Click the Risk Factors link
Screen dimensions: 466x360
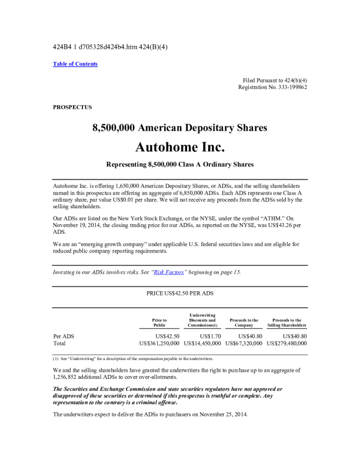[170, 272]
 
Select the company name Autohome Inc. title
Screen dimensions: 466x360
[180, 145]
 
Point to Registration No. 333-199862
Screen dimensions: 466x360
[272, 87]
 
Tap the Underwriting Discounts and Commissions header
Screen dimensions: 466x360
[202, 320]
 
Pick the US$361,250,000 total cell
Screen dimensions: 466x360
[159, 343]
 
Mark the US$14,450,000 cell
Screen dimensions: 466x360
[202, 343]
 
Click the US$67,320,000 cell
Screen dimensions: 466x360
[244, 343]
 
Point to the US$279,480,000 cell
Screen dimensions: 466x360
[286, 343]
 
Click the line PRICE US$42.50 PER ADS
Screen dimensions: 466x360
[180, 292]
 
